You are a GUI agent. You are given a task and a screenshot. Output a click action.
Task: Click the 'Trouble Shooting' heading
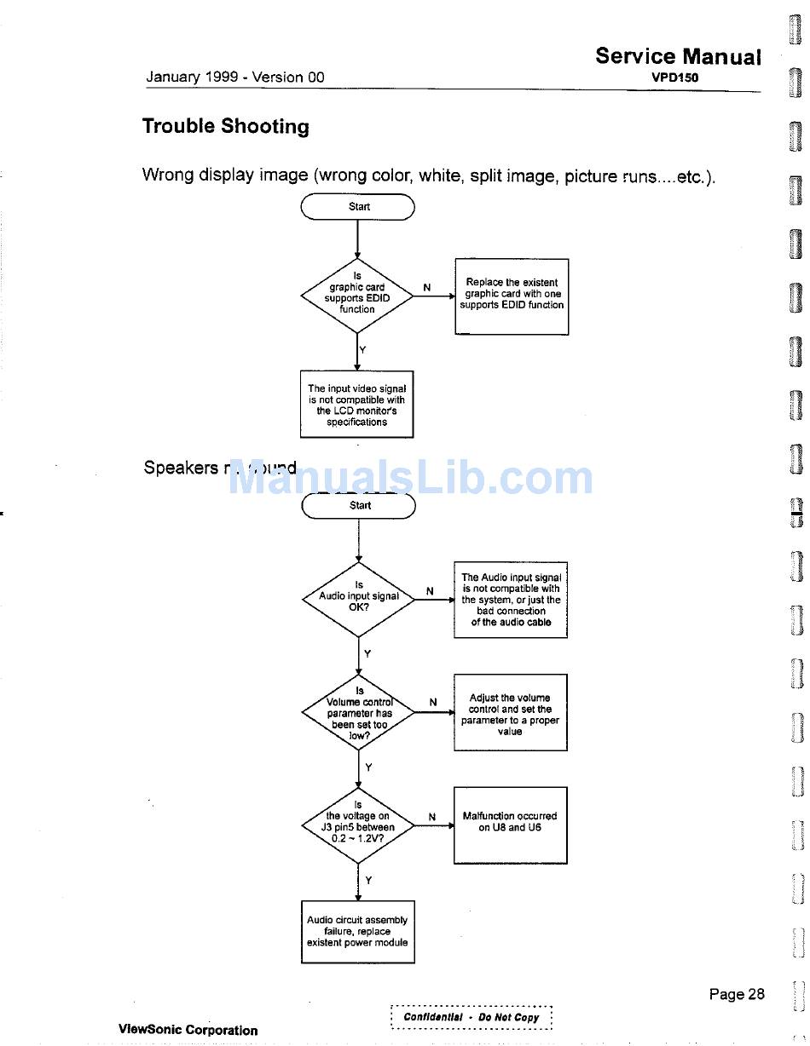[x=225, y=127]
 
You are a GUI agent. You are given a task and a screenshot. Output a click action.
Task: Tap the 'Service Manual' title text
[x=678, y=56]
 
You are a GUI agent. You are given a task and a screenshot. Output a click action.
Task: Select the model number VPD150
[x=674, y=77]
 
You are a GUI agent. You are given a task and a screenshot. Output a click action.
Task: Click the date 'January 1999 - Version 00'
[x=235, y=78]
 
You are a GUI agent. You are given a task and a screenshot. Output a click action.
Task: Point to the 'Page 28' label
[x=737, y=994]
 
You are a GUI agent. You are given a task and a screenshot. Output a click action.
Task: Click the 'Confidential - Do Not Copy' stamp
[x=472, y=1017]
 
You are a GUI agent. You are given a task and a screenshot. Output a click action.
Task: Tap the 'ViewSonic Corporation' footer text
[x=188, y=1030]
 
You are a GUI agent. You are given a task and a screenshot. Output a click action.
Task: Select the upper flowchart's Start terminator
[x=358, y=207]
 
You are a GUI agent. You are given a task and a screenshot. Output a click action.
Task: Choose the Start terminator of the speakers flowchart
[x=359, y=506]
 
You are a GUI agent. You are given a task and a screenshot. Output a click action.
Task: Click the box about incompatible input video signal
[x=357, y=405]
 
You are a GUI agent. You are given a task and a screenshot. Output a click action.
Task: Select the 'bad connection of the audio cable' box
[x=511, y=600]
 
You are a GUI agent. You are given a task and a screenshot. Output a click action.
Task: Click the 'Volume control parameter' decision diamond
[x=359, y=712]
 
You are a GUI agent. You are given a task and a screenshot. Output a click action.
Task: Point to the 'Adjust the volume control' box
[x=510, y=713]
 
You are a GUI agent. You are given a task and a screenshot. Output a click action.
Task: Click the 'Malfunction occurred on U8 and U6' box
[x=510, y=824]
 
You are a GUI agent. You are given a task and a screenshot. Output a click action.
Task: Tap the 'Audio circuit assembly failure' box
[x=357, y=932]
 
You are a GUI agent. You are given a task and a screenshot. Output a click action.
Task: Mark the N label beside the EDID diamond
[x=426, y=288]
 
